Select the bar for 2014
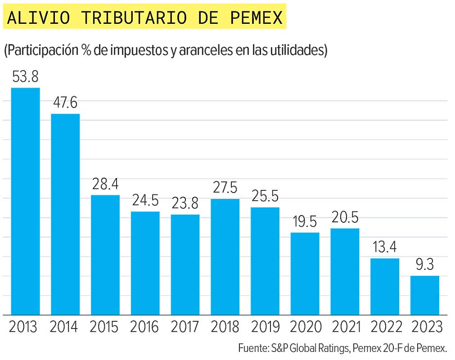(x=65, y=214)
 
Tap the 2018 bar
(x=225, y=256)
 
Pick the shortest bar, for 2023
(x=424, y=295)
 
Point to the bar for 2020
(x=305, y=274)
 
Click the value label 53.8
(x=26, y=76)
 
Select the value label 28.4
(x=105, y=184)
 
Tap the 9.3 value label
(x=424, y=265)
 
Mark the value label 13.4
(x=385, y=247)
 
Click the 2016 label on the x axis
(x=145, y=327)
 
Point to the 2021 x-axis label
(x=345, y=327)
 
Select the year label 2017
(x=185, y=327)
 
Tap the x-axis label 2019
(x=265, y=327)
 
